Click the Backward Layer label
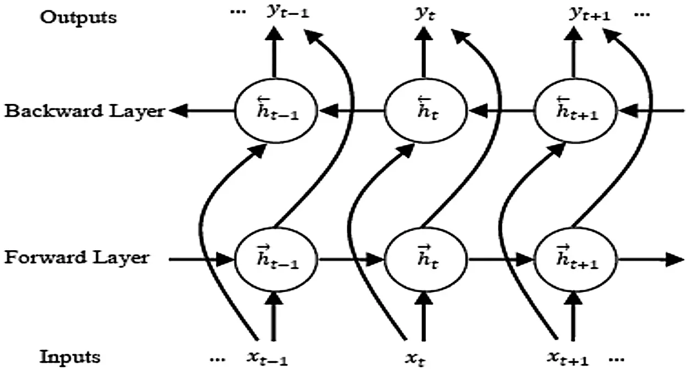84,112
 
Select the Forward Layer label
76,257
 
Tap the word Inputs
70,357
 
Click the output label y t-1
287,13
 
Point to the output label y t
424,13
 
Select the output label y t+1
588,13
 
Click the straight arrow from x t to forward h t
424,319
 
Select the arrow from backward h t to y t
424,55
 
